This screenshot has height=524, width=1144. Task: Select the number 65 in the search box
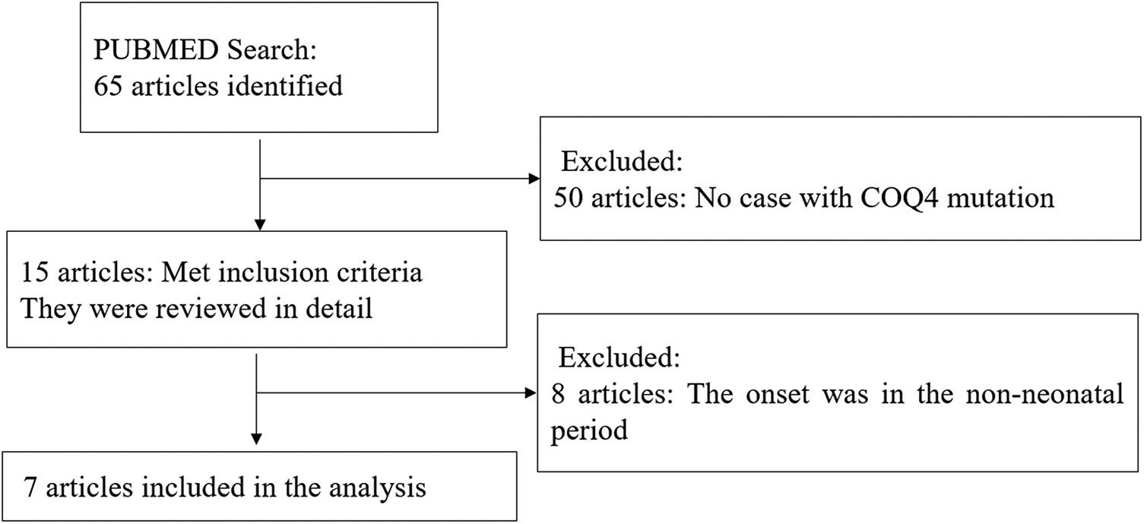(107, 85)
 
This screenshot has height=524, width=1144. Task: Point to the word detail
(338, 310)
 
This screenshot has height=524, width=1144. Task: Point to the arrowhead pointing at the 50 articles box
(532, 180)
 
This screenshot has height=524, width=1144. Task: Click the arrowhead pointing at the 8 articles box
(531, 392)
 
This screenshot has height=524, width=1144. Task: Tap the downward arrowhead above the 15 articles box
(260, 224)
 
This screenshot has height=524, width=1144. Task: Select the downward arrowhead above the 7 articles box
(256, 438)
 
